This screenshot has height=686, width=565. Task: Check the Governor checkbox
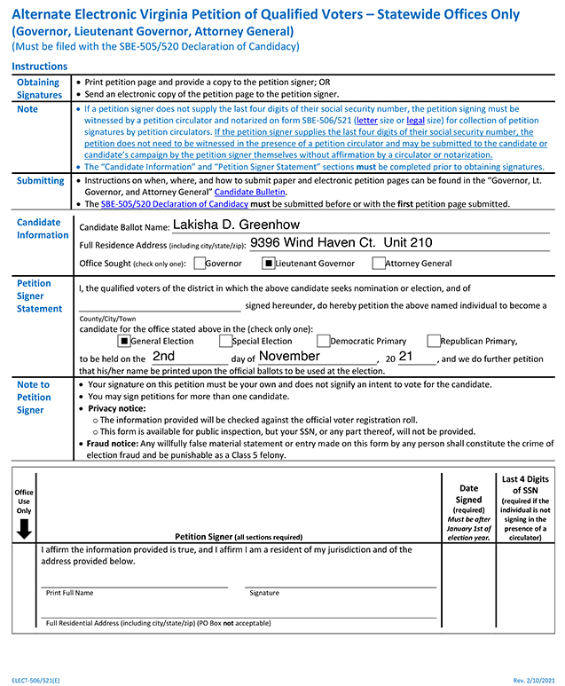coord(200,263)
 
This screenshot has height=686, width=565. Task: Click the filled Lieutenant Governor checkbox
coord(269,263)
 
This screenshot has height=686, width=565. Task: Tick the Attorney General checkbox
coord(379,263)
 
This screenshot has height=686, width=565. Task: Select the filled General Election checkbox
coord(124,341)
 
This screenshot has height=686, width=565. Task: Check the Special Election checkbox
coord(226,341)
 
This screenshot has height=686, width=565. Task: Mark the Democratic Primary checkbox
coord(324,341)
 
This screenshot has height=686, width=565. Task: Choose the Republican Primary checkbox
coord(434,341)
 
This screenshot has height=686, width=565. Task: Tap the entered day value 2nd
coord(163,356)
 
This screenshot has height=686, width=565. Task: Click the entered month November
coord(289,356)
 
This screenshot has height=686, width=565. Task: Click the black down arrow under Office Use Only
coord(24,529)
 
